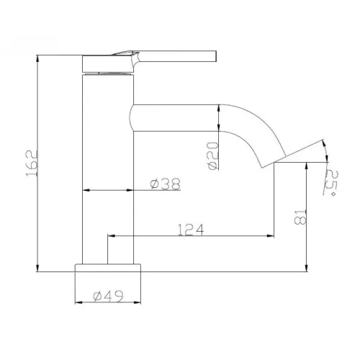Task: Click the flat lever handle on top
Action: (180, 55)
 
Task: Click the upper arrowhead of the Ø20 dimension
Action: (219, 107)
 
